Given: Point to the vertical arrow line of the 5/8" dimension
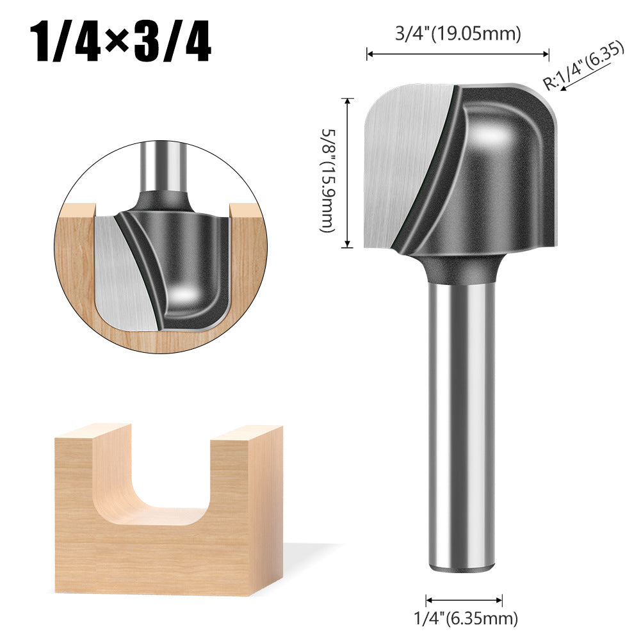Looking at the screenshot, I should [348, 173].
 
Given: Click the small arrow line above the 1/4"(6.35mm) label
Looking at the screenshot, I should [464, 600].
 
